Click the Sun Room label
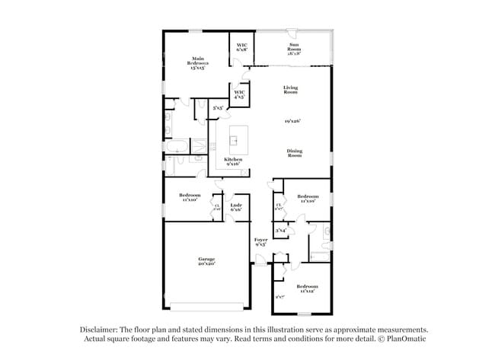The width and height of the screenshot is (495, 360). (x=293, y=49)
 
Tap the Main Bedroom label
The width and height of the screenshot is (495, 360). (x=198, y=63)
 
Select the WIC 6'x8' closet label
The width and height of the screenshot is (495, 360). (x=241, y=47)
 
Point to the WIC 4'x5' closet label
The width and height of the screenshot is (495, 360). (x=239, y=95)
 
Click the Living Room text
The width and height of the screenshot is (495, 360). (x=290, y=89)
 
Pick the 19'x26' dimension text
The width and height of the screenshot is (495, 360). (x=293, y=121)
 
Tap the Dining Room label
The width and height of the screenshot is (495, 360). (x=294, y=152)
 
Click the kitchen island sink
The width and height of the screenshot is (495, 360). (x=235, y=140)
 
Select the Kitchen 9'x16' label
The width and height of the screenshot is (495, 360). (x=233, y=161)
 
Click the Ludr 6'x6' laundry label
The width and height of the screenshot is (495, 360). (x=237, y=206)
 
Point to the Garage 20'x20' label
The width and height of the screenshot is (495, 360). (x=206, y=261)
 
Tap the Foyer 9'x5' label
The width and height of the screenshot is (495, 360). (x=260, y=242)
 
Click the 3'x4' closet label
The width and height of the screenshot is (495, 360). (x=280, y=229)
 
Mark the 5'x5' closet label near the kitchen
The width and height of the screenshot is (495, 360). (x=218, y=108)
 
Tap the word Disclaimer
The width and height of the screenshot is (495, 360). (x=101, y=329)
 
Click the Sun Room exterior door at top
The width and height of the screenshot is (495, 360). (x=292, y=31)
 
